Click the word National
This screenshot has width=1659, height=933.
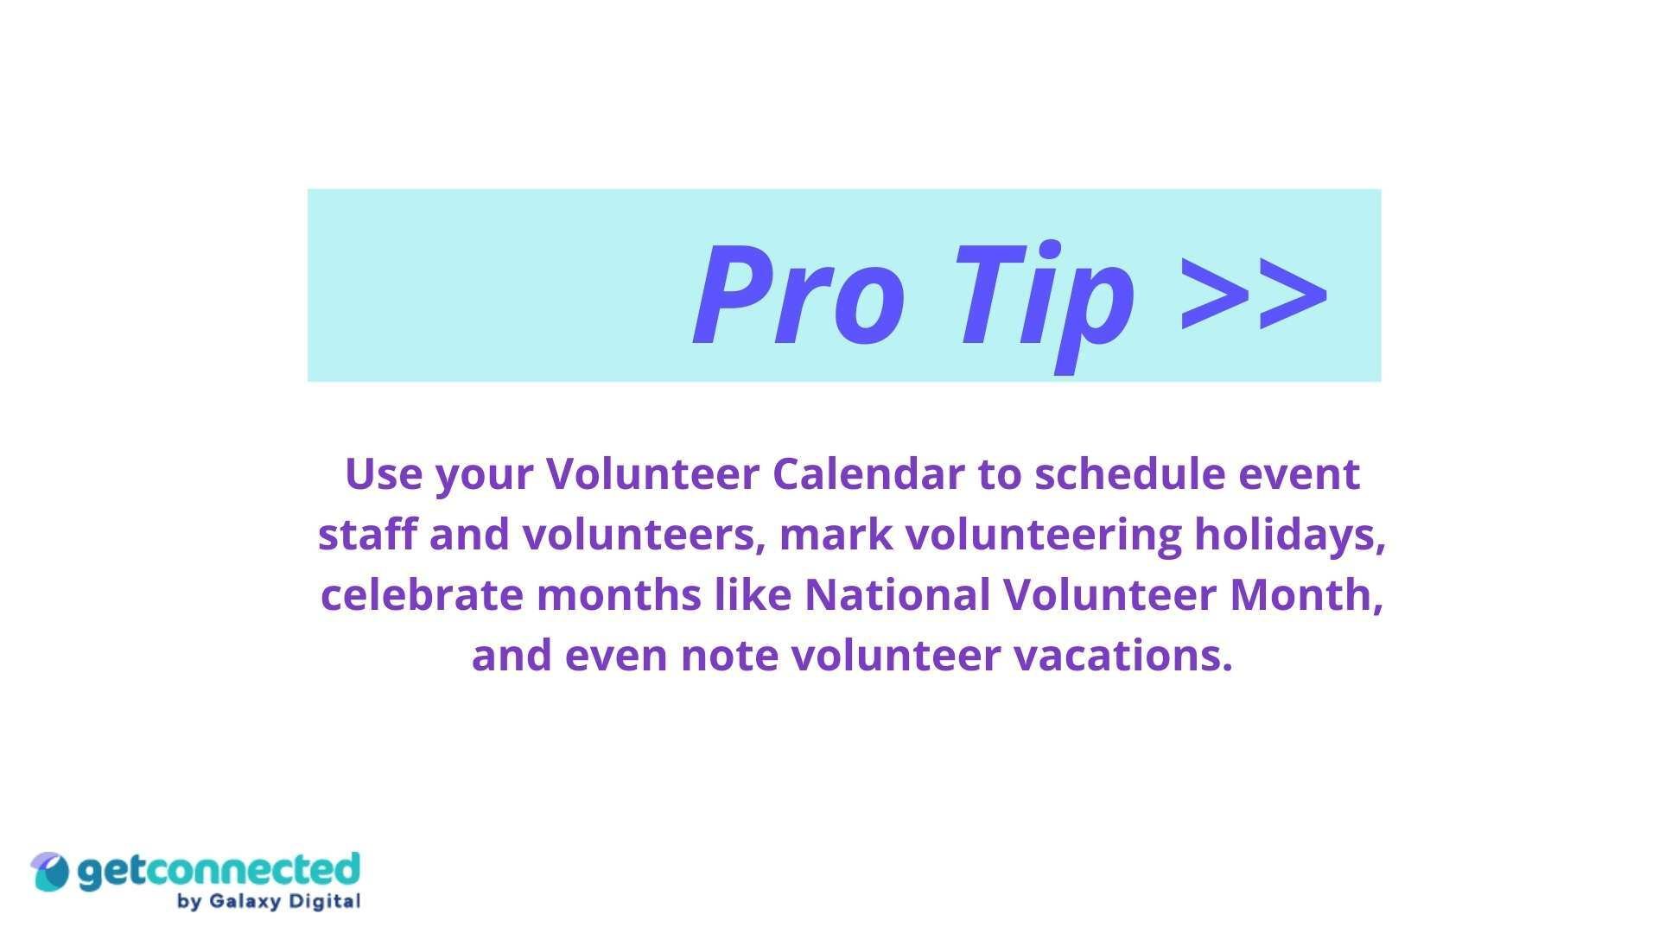(897, 595)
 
